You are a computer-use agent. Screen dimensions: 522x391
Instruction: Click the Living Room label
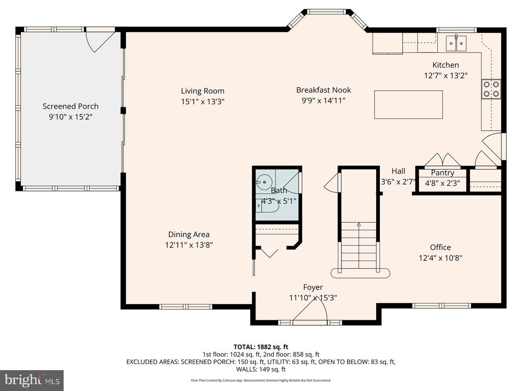click(x=202, y=91)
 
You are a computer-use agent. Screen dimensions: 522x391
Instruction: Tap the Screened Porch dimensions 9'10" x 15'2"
click(x=70, y=117)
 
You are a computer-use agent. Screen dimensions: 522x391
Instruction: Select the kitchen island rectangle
click(x=408, y=104)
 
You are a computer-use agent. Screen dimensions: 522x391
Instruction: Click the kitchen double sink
click(x=456, y=43)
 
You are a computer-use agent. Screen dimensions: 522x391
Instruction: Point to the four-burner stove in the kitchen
click(x=491, y=89)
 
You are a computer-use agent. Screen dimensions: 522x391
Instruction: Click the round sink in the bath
click(x=264, y=182)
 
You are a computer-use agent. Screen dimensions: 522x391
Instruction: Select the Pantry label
click(x=442, y=173)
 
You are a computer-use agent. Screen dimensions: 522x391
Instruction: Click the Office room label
click(x=440, y=247)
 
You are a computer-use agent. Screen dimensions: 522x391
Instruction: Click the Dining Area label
click(x=189, y=234)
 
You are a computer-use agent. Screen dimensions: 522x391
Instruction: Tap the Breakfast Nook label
click(x=324, y=90)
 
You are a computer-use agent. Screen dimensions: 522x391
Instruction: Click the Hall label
click(x=398, y=171)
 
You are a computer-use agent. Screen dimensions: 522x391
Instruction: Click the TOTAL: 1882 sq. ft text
click(x=260, y=347)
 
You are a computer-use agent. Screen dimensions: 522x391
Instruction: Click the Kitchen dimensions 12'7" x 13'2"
click(x=446, y=75)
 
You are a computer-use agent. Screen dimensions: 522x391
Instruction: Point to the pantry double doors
click(x=442, y=160)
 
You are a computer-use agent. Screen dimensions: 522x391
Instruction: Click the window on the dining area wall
click(x=185, y=306)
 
